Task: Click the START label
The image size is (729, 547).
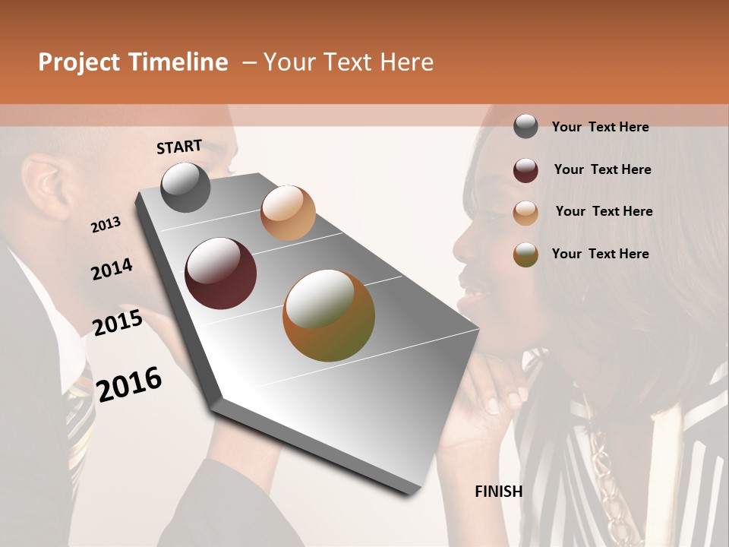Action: tap(179, 147)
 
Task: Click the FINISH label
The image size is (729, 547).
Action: tap(499, 492)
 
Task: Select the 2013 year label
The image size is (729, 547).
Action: tap(106, 225)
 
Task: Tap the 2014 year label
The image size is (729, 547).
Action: tap(112, 270)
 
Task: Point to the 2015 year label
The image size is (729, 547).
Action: tap(118, 323)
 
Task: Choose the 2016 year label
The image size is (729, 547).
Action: tap(129, 384)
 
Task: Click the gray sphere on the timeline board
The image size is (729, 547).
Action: tap(185, 187)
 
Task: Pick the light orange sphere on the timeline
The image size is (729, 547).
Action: tap(288, 213)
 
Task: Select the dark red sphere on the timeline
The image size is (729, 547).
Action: tap(221, 273)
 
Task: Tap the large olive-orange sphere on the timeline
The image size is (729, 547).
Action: tap(329, 315)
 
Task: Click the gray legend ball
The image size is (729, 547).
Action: tap(525, 126)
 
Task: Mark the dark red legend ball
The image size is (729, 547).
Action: tap(525, 170)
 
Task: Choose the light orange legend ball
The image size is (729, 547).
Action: tap(525, 213)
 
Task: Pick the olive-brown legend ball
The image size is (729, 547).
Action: tap(525, 255)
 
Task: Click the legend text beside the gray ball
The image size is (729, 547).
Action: tap(600, 127)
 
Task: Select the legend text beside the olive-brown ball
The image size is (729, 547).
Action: tap(600, 254)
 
